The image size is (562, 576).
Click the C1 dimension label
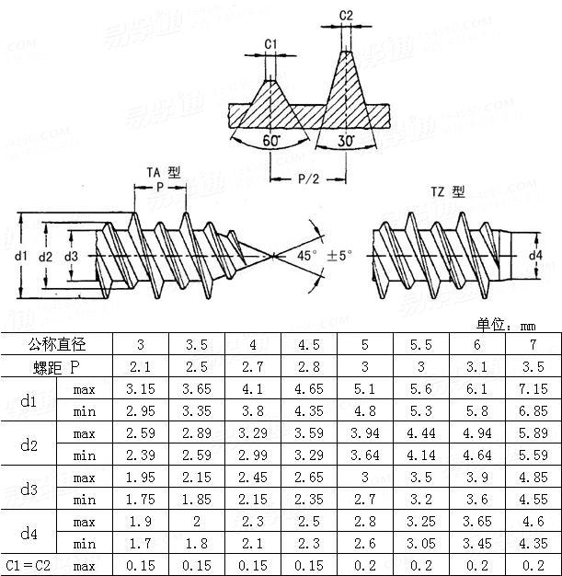[x=270, y=44]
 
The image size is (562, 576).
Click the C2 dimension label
[x=346, y=16]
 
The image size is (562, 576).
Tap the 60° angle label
[x=270, y=141]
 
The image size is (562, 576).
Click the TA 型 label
[x=164, y=173]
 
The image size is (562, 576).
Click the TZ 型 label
[x=448, y=192]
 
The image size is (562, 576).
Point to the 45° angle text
[x=307, y=255]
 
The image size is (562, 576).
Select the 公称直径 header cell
[x=57, y=344]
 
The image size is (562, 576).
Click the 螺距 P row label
[x=57, y=368]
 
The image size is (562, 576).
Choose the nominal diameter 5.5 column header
[x=420, y=344]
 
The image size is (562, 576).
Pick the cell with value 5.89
[x=533, y=432]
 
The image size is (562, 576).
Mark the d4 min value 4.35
[x=533, y=544]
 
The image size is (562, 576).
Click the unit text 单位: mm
[x=505, y=325]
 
